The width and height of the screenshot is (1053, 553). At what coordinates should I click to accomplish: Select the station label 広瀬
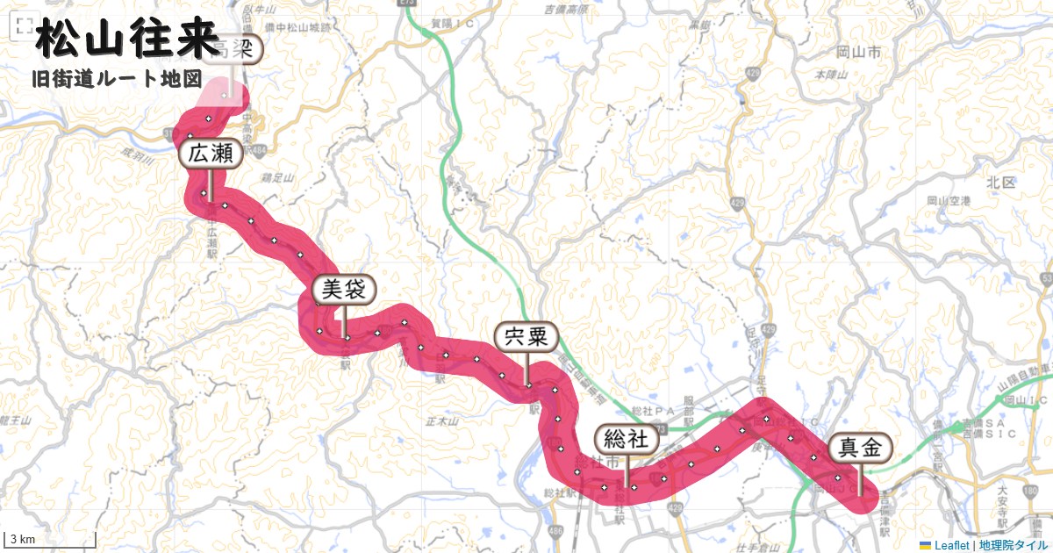(x=210, y=155)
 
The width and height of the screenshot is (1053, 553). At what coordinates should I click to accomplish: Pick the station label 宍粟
(x=526, y=336)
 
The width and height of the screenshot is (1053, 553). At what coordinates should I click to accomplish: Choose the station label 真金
(x=860, y=448)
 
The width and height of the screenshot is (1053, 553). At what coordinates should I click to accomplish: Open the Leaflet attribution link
(x=950, y=545)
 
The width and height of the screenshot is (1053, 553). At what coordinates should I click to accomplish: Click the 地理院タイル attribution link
(x=1014, y=545)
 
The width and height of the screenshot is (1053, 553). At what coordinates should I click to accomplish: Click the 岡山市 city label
(x=858, y=54)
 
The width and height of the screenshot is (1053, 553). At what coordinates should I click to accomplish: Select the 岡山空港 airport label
(x=949, y=201)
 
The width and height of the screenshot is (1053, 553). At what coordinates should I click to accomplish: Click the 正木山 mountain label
(x=441, y=422)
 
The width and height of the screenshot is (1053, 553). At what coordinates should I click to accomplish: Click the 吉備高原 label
(x=564, y=10)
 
